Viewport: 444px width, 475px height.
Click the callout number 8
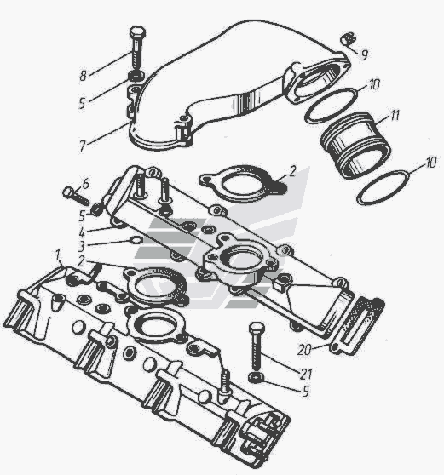(84, 76)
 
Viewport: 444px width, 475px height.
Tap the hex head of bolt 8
(137, 32)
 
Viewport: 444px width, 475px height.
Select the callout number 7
(83, 146)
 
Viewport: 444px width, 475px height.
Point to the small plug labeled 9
(348, 39)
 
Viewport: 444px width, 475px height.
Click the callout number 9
(365, 54)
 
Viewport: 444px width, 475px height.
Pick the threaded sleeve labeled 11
(355, 145)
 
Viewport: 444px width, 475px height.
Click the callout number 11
(395, 116)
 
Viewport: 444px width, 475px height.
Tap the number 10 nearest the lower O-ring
(430, 163)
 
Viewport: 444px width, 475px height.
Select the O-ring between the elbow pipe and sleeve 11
(332, 105)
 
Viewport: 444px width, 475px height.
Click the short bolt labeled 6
(76, 196)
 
